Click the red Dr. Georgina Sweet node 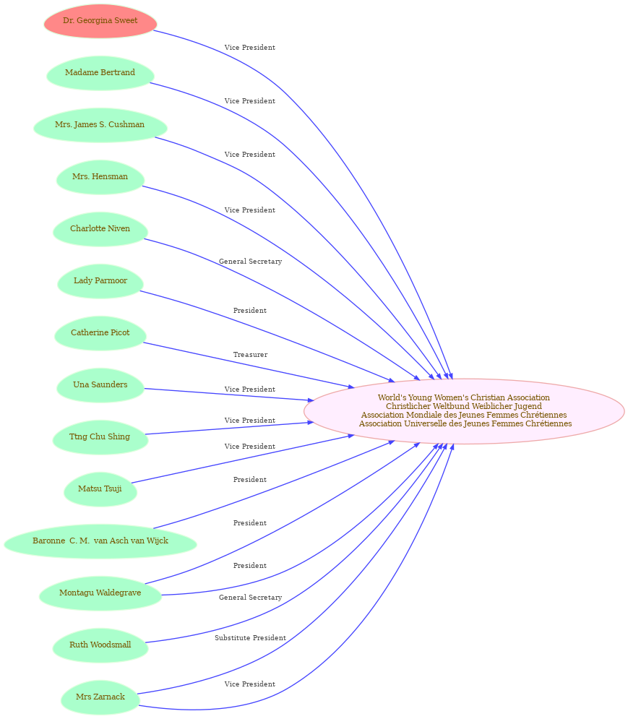click(x=100, y=21)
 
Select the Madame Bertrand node click(x=100, y=73)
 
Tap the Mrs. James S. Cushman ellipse click(x=100, y=125)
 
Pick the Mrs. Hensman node click(x=100, y=177)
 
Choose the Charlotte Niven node click(x=100, y=229)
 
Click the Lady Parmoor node click(x=100, y=281)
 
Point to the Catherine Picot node click(x=100, y=333)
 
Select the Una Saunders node click(x=100, y=385)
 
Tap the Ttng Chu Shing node click(x=100, y=437)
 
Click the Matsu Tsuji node click(x=100, y=489)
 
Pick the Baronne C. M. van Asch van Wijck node click(x=100, y=541)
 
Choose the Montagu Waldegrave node click(x=100, y=593)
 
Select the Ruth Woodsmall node click(x=100, y=645)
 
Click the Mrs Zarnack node click(x=100, y=697)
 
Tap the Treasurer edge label click(x=250, y=355)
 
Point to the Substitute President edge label click(x=250, y=638)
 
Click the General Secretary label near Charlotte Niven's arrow click(x=250, y=262)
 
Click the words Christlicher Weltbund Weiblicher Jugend click(x=464, y=406)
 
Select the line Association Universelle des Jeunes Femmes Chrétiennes click(x=465, y=423)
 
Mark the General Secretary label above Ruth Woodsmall click(x=250, y=598)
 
